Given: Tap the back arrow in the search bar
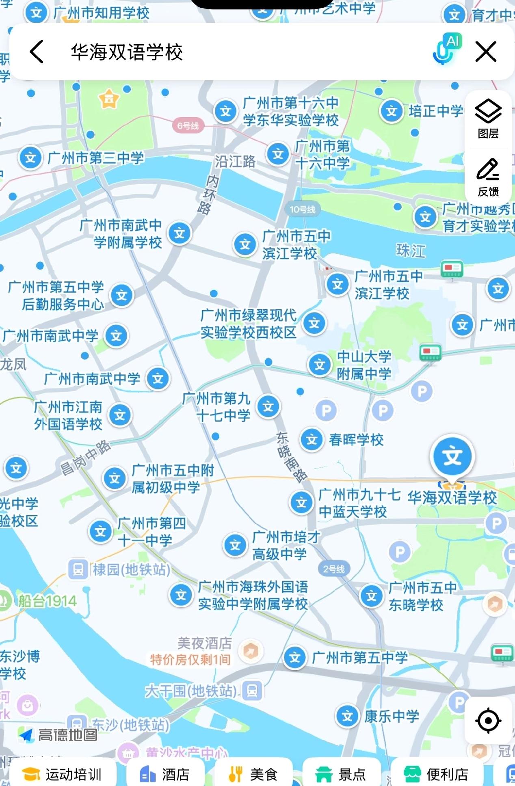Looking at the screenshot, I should (x=37, y=52).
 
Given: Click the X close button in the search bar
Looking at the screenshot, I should (x=486, y=52).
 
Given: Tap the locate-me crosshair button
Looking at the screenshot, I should (x=488, y=721).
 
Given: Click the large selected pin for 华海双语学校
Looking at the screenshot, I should (x=452, y=457).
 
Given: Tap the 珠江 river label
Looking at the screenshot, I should (x=411, y=250).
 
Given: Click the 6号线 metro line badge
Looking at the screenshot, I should (x=188, y=126).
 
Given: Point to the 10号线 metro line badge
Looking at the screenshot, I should (x=303, y=209).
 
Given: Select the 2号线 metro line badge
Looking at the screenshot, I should (x=334, y=569).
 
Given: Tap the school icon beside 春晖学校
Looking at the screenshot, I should (x=312, y=439).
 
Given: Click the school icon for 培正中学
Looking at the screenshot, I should (x=392, y=111).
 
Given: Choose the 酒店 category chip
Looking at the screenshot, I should (x=165, y=774).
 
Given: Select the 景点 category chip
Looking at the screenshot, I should (x=341, y=774).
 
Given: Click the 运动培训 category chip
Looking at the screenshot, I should (x=63, y=774).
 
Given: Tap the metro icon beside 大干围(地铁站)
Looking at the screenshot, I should (x=252, y=691).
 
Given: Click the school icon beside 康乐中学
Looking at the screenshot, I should (x=347, y=716).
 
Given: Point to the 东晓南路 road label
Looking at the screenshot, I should (x=292, y=457).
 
